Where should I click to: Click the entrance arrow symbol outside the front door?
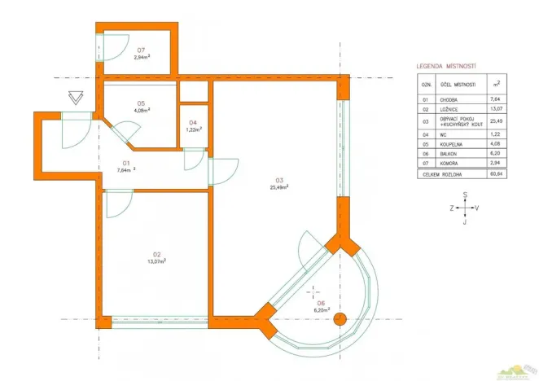pyautogui.click(x=76, y=98)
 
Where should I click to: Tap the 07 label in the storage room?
pyautogui.click(x=141, y=50)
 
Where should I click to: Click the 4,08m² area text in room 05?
pyautogui.click(x=142, y=110)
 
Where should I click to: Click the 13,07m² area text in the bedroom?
pyautogui.click(x=156, y=261)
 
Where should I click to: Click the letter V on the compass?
pyautogui.click(x=477, y=208)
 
